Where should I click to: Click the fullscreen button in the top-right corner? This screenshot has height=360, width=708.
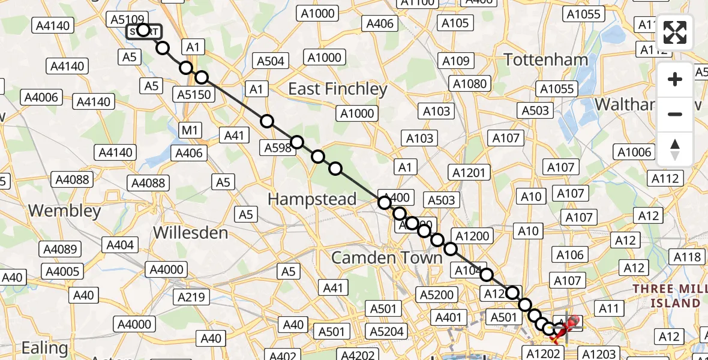pyautogui.click(x=675, y=32)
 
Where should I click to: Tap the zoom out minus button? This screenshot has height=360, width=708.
pyautogui.click(x=675, y=114)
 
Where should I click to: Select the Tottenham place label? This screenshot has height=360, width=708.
pyautogui.click(x=546, y=59)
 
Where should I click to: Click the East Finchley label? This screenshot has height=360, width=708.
pyautogui.click(x=338, y=89)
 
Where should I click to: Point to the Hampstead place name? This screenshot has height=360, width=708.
pyautogui.click(x=312, y=199)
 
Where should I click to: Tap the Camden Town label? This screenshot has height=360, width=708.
pyautogui.click(x=387, y=258)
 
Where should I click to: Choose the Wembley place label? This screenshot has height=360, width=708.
pyautogui.click(x=64, y=211)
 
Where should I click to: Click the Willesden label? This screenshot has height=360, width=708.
pyautogui.click(x=191, y=232)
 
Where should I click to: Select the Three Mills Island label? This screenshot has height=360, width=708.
pyautogui.click(x=666, y=295)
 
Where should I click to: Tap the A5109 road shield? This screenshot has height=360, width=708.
pyautogui.click(x=126, y=19)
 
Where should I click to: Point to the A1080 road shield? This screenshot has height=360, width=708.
pyautogui.click(x=470, y=83)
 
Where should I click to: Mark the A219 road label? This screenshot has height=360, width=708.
pyautogui.click(x=191, y=296)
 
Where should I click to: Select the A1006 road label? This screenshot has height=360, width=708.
pyautogui.click(x=635, y=152)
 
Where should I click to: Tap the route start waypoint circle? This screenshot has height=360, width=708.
pyautogui.click(x=143, y=30)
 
